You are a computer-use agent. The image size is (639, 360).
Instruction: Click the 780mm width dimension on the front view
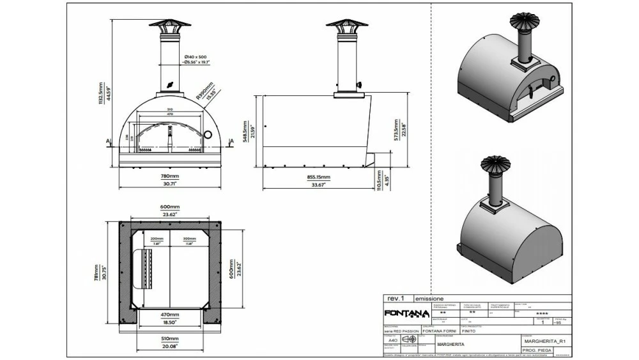pos(169,176)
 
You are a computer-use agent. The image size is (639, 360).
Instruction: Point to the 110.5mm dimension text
pos(380,180)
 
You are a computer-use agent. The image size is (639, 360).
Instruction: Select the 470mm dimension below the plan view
pos(169,315)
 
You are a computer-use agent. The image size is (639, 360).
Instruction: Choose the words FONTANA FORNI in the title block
pos(440,331)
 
